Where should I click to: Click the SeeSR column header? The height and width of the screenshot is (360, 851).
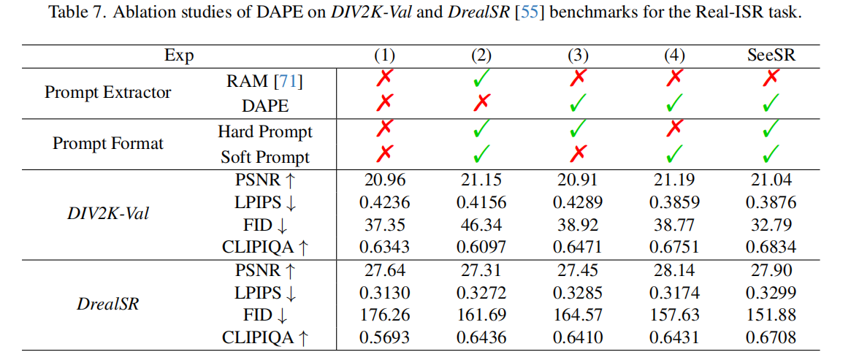click(x=771, y=56)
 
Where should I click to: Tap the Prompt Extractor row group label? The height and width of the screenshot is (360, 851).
click(x=107, y=93)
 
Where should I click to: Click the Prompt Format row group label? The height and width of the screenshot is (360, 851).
click(x=107, y=144)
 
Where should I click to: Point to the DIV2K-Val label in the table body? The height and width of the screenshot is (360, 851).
click(x=108, y=214)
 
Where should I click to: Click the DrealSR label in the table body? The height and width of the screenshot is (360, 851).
click(x=108, y=304)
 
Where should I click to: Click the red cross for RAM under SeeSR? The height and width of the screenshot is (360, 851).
click(x=771, y=80)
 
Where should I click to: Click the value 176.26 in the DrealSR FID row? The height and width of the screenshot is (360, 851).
click(x=385, y=315)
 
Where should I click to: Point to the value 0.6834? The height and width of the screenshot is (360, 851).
click(x=771, y=248)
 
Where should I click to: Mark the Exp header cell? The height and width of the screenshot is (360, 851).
click(x=179, y=56)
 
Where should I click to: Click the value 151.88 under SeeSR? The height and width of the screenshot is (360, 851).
click(x=771, y=315)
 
